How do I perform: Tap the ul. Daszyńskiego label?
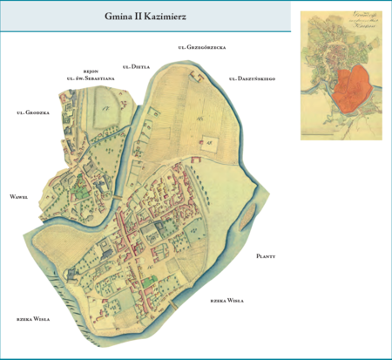253,78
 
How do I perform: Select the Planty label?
267,256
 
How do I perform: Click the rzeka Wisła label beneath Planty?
226,300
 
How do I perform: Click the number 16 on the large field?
199,118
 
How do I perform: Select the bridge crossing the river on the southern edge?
175,302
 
